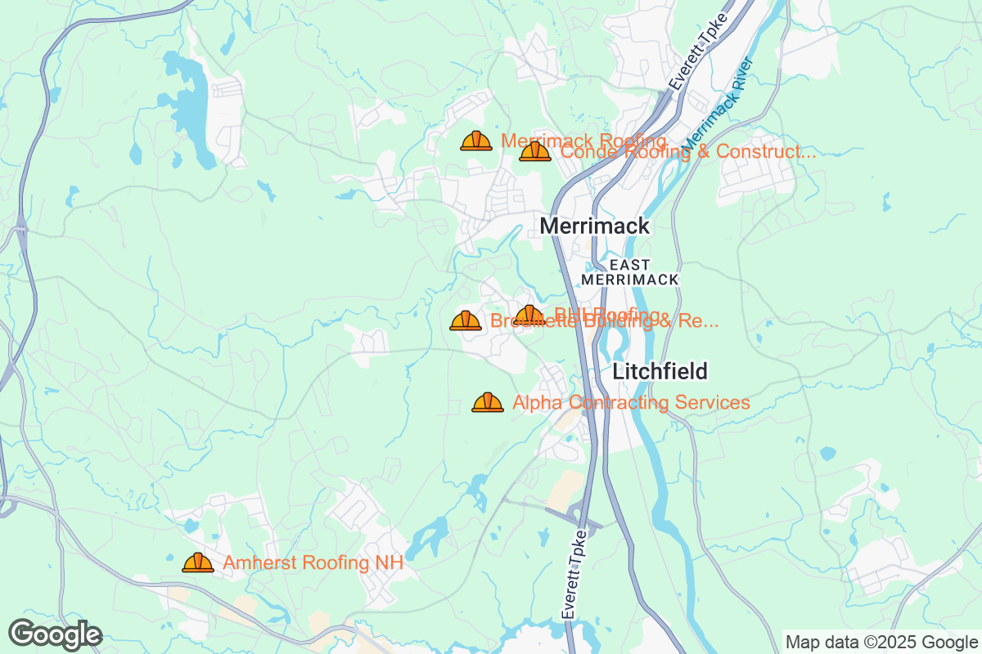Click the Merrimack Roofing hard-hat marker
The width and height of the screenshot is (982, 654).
tap(476, 141)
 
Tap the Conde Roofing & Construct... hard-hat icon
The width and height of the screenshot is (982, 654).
tap(535, 151)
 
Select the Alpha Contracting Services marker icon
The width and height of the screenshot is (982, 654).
tap(488, 402)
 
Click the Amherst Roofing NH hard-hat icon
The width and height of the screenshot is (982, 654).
tap(198, 562)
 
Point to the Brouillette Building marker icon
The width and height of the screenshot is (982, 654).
tap(466, 320)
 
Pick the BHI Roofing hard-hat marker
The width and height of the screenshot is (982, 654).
tap(529, 315)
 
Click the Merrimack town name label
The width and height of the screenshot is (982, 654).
tap(595, 226)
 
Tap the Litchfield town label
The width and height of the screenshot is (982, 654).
tap(660, 371)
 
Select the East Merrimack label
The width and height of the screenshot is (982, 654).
tap(630, 272)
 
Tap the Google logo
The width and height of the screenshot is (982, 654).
tap(56, 634)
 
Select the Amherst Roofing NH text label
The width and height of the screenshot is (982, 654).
tap(313, 563)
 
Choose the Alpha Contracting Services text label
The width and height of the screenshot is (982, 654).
tap(631, 402)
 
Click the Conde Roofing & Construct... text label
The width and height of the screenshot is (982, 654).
tap(687, 152)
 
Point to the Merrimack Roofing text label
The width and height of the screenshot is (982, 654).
tap(583, 140)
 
